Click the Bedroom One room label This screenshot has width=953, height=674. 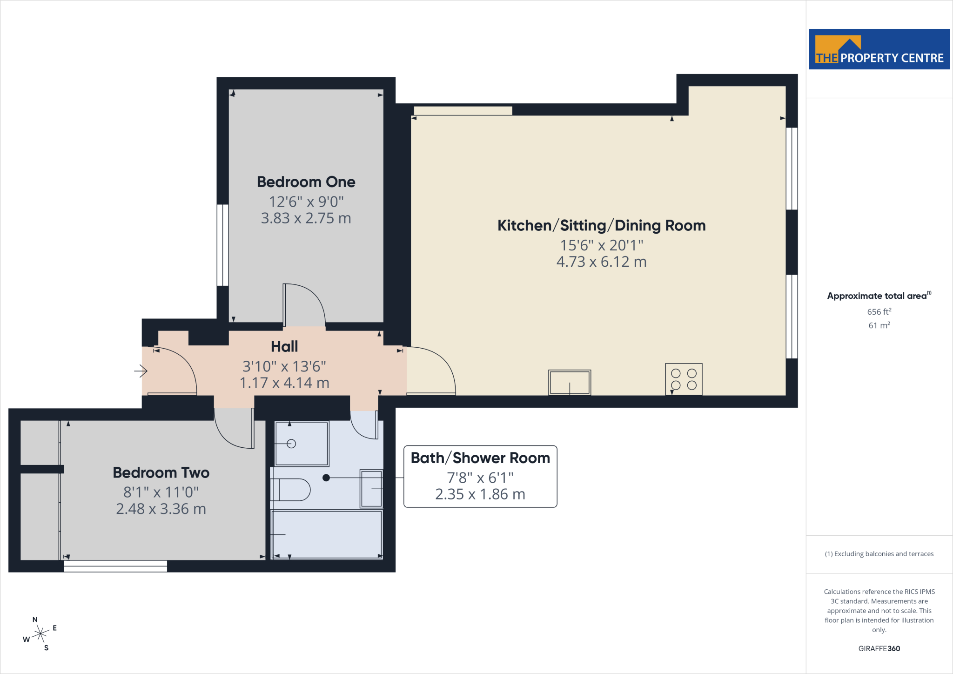coord(306,182)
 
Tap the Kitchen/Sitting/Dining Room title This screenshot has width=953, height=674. coord(601,225)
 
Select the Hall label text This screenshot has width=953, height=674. coord(284,347)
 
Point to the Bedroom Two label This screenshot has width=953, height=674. coord(161,473)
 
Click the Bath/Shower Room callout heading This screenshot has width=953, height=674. coord(480,458)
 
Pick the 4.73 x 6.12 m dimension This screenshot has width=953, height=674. coord(601,262)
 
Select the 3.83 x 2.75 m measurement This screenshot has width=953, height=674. coord(306,218)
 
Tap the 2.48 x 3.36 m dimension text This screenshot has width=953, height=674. coord(161,509)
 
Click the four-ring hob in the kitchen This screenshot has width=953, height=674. coord(684,379)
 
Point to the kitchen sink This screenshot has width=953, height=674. coord(570,383)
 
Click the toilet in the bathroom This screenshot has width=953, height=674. coord(290,490)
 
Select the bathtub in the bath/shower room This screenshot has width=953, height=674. coord(327,534)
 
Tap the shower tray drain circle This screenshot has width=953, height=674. coord(291,444)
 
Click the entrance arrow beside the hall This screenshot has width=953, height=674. coord(141,371)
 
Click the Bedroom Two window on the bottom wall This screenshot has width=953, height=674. coord(115,566)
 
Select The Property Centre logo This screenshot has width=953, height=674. coord(879,49)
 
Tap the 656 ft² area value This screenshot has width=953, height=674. coord(879,312)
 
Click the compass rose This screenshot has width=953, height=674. coord(40,634)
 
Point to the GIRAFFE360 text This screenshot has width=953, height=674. coord(879,648)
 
